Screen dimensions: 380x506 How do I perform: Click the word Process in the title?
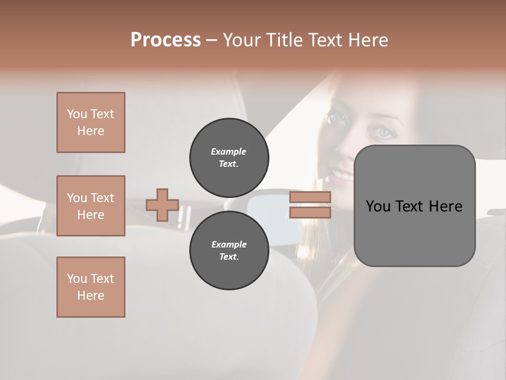click(166, 40)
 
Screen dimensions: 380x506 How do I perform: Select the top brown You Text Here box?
click(91, 122)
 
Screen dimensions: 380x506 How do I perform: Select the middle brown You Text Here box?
click(91, 206)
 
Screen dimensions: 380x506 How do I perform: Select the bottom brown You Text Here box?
click(91, 287)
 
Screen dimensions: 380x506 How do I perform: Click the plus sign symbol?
click(162, 205)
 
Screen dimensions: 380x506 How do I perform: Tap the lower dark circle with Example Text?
click(229, 251)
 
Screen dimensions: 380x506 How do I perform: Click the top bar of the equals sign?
click(310, 197)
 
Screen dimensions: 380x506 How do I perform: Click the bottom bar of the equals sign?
click(310, 212)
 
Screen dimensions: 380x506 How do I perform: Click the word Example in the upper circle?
click(229, 151)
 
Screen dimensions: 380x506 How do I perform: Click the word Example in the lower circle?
click(229, 244)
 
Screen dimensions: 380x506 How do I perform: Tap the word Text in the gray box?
click(411, 206)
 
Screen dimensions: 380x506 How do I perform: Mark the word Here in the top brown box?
click(91, 131)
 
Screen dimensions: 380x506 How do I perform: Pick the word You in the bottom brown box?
click(76, 279)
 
